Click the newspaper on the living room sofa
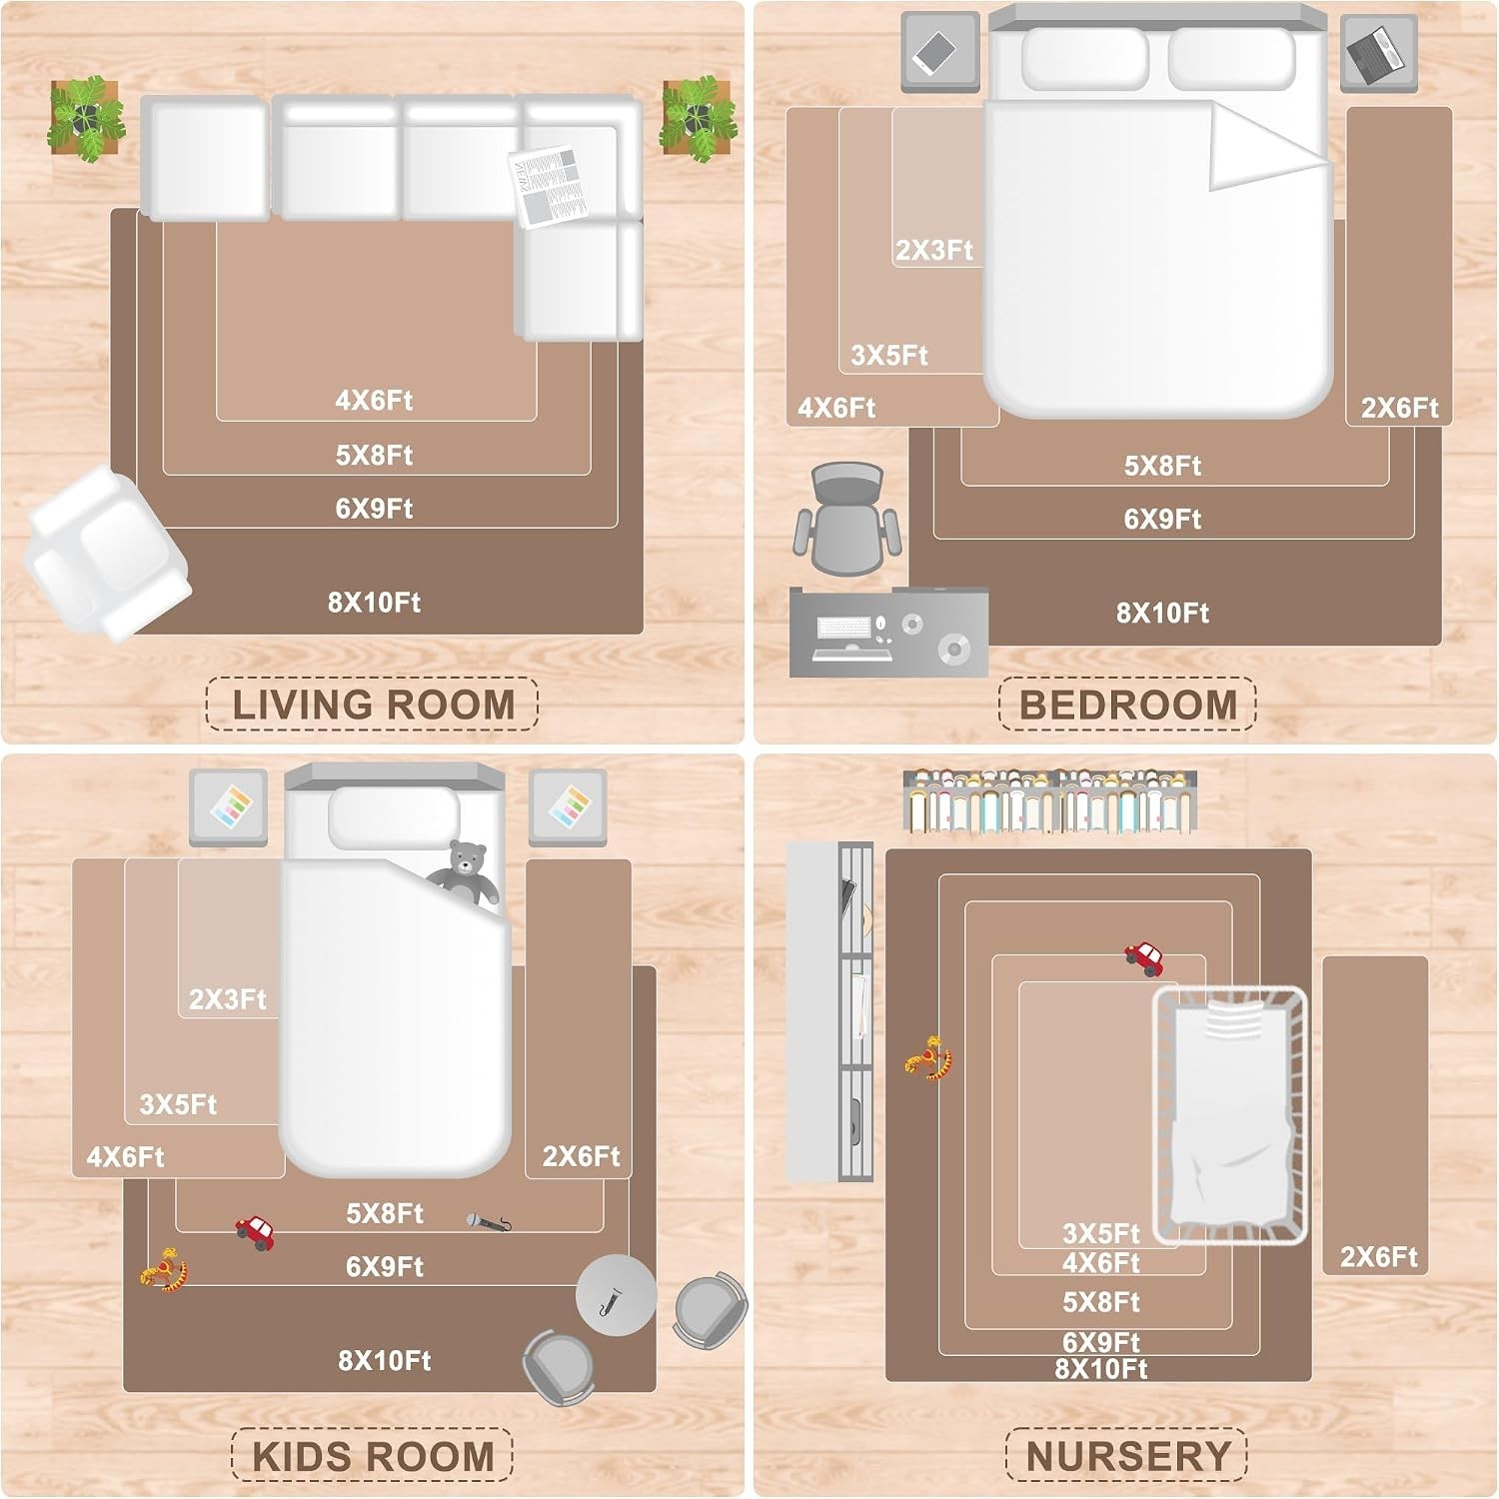pos(547,185)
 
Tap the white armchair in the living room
pos(108,553)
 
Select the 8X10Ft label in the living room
pos(375,603)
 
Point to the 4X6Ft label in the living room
pos(374,401)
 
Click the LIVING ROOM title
pos(373,705)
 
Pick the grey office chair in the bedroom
pos(847,518)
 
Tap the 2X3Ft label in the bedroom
pos(933,250)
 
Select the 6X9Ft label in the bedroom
pos(1162,520)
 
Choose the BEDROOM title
pos(1127,705)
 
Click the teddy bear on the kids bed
pos(465,872)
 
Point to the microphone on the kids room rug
pos(489,1220)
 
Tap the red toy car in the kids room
pos(256,1232)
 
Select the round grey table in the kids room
pos(616,1295)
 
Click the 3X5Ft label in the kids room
pos(178,1104)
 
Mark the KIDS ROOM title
pos(373,1456)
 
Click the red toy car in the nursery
pos(1145,957)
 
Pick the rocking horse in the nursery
pos(929,1058)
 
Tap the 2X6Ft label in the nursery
pos(1378,1256)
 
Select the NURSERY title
pos(1127,1456)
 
